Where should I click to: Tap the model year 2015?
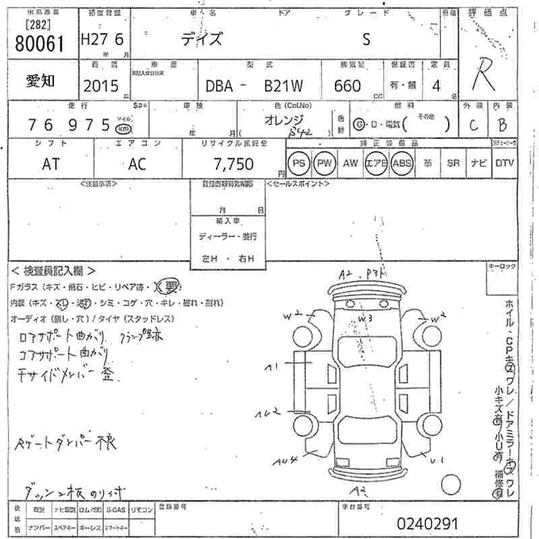(100, 86)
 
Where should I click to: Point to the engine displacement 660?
(347, 86)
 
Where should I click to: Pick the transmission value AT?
(52, 164)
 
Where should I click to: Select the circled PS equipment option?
(298, 163)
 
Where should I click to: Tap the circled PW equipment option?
(325, 163)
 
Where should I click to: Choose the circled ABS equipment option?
(402, 163)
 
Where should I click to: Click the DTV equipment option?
(505, 163)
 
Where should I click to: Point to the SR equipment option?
(453, 163)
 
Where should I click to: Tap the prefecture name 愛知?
(41, 81)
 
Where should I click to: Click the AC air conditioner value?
(138, 164)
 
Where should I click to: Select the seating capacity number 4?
(437, 86)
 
